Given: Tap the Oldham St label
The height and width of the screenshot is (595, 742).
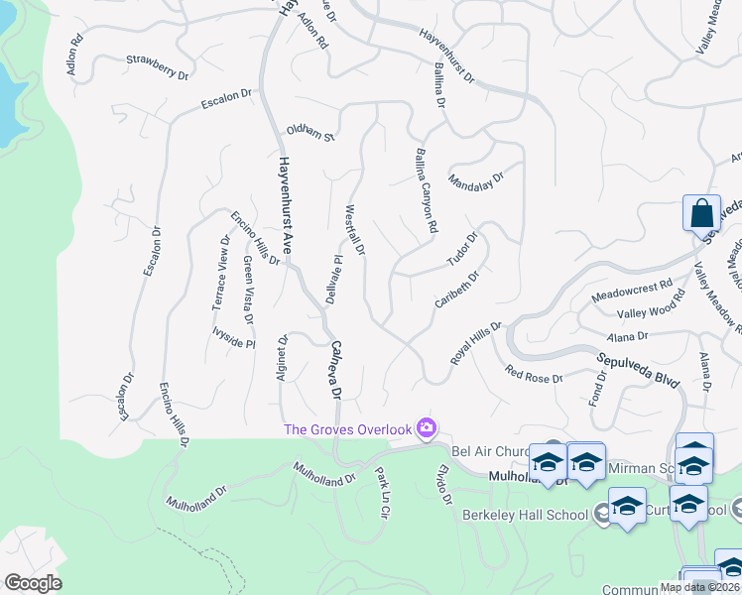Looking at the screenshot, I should coord(311,132).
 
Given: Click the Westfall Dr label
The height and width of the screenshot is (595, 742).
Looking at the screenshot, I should coord(355,230).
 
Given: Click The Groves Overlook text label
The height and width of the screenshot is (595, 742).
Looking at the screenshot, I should coord(348,428).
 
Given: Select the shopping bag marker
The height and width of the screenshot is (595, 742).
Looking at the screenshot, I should coord(701,213).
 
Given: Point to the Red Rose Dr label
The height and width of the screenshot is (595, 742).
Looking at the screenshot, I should coord(534,375).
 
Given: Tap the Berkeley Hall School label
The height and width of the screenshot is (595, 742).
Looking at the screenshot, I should coord(525,515).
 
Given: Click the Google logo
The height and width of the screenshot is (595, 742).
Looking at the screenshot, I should coord(33,583).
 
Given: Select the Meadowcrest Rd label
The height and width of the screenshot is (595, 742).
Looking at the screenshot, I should coord(632,291).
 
